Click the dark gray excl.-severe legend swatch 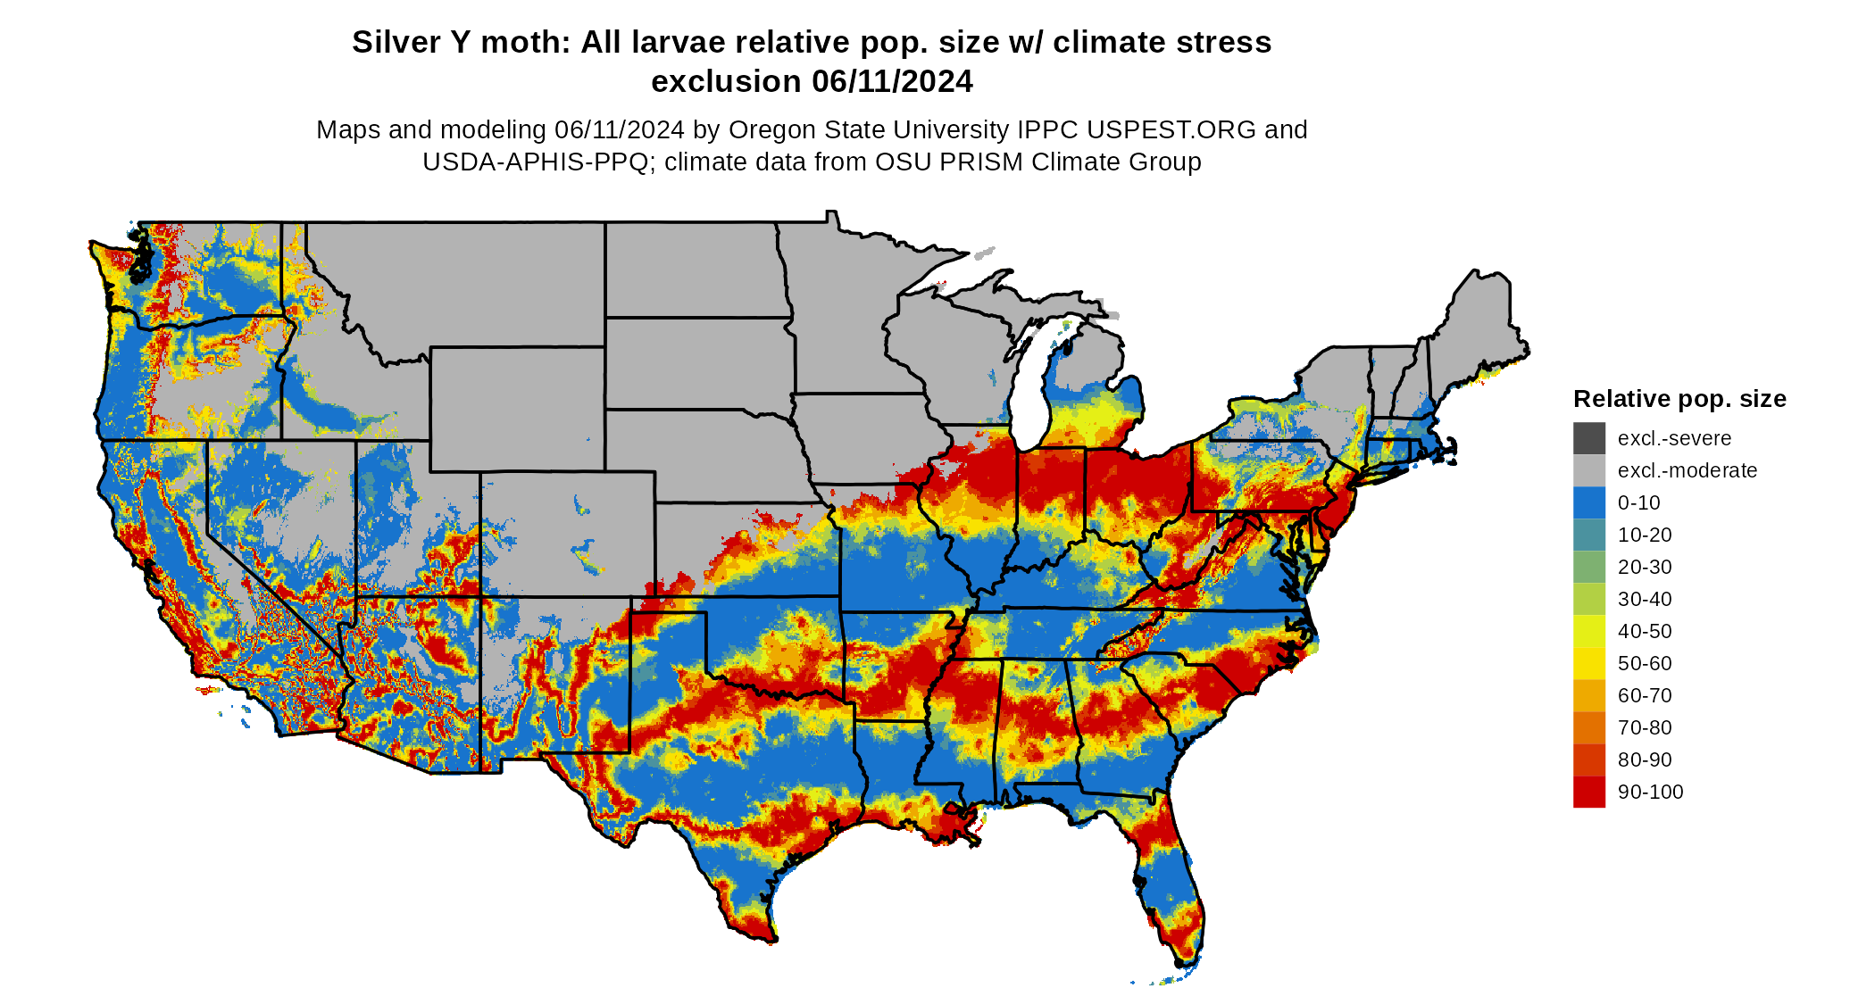1588,438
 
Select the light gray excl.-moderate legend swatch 1588,470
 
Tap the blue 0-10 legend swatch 1588,502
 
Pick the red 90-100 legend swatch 1588,792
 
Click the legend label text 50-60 1645,663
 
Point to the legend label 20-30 1645,567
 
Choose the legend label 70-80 1645,727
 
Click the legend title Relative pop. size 1679,399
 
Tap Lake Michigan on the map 1034,393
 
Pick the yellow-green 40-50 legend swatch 1588,631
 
